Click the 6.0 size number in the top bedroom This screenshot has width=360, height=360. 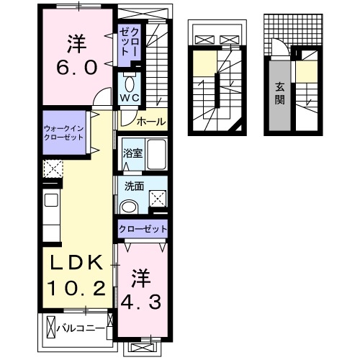coord(74,70)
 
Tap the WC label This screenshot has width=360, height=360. coord(130,96)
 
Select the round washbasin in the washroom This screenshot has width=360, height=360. coord(130,207)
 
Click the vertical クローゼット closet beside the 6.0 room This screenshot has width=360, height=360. coord(130,41)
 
